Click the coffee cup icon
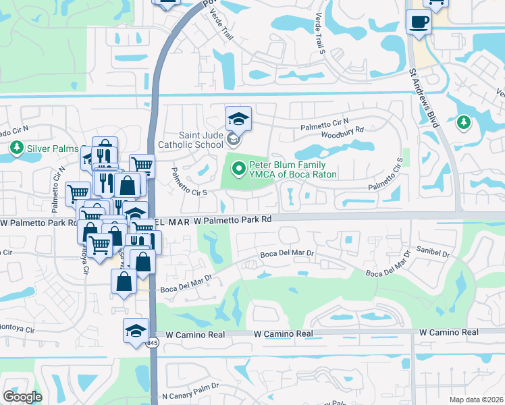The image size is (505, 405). pos(419,22)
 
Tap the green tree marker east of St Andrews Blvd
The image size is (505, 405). pos(463,122)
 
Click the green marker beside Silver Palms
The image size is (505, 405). pos(16,148)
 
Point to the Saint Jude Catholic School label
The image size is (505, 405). pos(190,140)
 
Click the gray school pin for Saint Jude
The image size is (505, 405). pos(233,140)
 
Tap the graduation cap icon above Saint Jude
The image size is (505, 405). pos(238,119)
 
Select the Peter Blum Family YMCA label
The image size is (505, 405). pos(292,169)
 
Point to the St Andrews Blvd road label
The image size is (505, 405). pos(425,99)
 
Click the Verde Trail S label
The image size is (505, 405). pos(317,33)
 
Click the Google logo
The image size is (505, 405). pos(23,397)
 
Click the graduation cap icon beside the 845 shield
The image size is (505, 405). pos(136,331)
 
